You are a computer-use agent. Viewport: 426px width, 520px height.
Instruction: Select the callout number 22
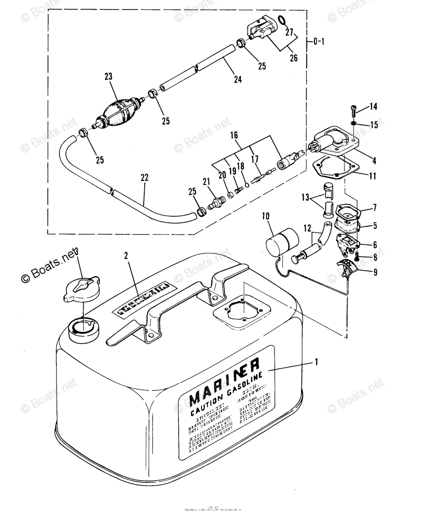pyautogui.click(x=145, y=178)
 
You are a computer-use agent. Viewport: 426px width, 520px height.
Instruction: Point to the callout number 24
pyautogui.click(x=237, y=79)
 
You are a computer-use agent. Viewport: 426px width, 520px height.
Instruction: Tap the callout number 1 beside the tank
pyautogui.click(x=317, y=361)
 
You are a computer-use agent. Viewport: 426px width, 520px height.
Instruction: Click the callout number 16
pyautogui.click(x=234, y=136)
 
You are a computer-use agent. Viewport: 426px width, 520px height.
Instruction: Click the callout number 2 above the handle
pyautogui.click(x=126, y=256)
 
